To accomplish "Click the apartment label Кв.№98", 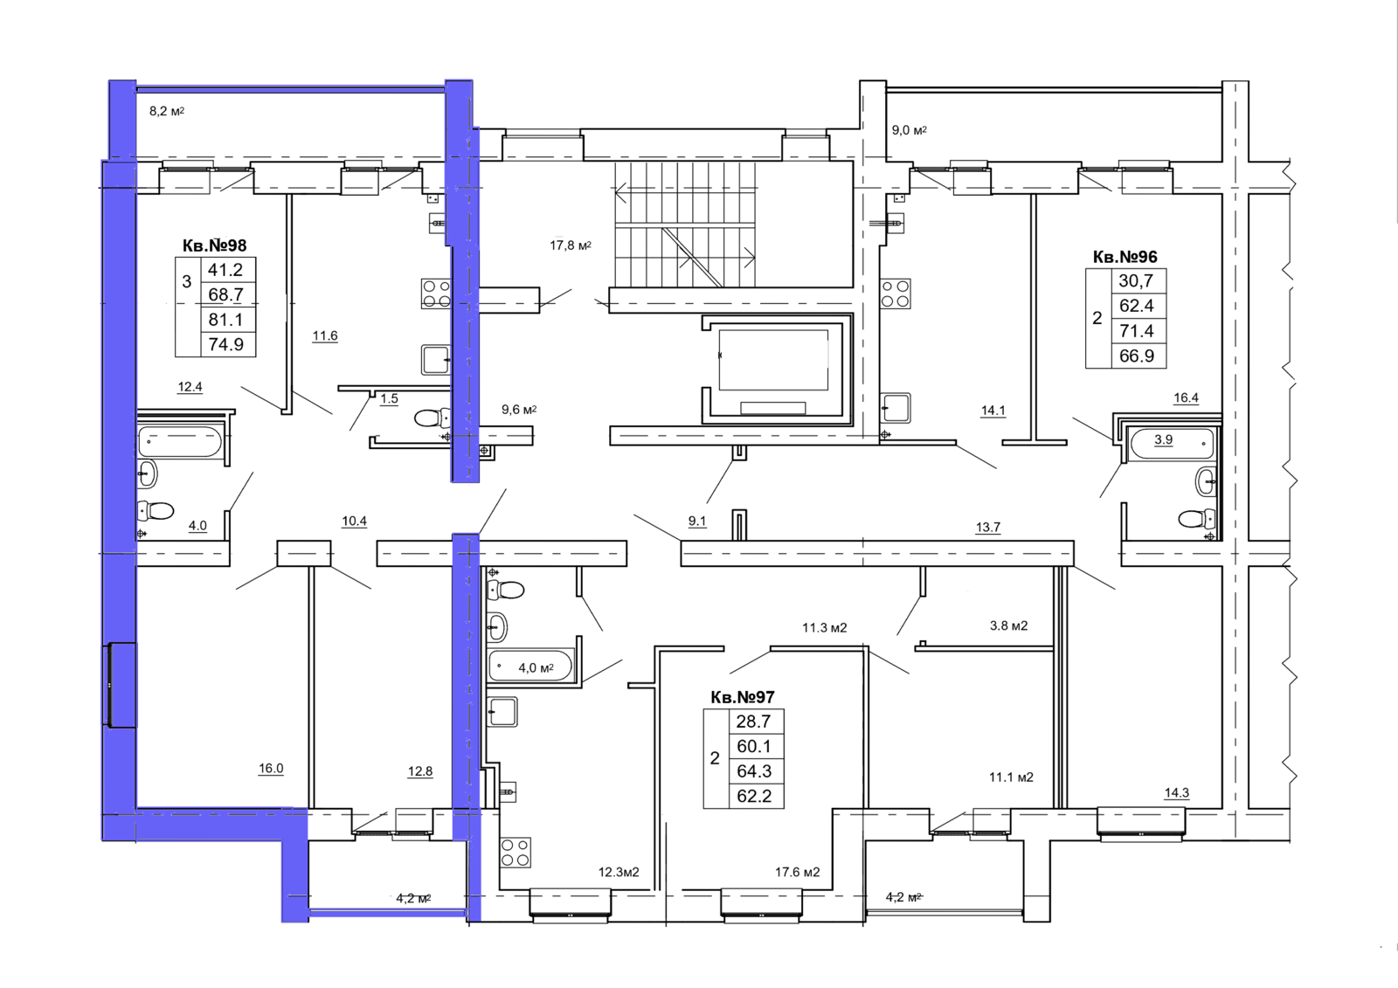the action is click(x=215, y=245).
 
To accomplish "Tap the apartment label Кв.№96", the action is click(x=1125, y=257).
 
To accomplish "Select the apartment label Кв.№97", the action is click(x=743, y=696).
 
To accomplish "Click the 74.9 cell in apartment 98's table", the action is click(x=226, y=344).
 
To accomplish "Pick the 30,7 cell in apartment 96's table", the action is click(x=1136, y=281).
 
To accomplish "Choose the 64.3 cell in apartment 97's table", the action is click(x=754, y=770).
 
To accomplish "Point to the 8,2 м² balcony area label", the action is click(x=167, y=111).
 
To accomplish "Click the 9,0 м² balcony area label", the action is click(x=910, y=130).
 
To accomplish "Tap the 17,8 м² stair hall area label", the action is click(x=571, y=245).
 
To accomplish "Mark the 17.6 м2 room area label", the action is click(x=798, y=872).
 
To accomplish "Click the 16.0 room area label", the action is click(x=271, y=769).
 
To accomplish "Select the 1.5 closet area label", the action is click(x=389, y=398).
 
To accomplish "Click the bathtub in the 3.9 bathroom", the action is click(x=1171, y=444).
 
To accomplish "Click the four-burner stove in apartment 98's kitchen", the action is click(x=436, y=294).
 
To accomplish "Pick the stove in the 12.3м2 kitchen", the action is click(x=515, y=853).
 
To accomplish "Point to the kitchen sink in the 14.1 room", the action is click(x=895, y=408).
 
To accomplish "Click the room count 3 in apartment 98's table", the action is click(x=187, y=281).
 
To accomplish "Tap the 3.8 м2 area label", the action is click(x=1008, y=625).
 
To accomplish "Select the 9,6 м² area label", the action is click(x=519, y=410).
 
